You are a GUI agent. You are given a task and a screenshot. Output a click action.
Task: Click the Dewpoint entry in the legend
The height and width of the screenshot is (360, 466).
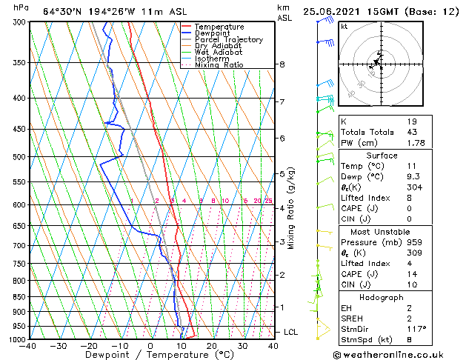[x=213, y=33]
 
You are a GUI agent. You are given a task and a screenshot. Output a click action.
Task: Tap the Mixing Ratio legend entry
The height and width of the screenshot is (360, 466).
[x=219, y=65]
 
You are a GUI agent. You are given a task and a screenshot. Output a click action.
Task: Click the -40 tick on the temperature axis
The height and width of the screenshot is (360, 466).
[x=29, y=346]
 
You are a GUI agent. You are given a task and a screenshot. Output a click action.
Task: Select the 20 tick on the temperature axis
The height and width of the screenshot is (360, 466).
[x=212, y=346]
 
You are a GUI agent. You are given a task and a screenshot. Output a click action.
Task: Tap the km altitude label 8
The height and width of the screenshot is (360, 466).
[x=282, y=64]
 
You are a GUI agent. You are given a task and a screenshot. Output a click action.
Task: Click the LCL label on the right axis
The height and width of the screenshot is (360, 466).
[x=290, y=332]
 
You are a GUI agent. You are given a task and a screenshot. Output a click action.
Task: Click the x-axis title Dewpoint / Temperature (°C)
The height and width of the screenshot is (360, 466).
[x=150, y=355]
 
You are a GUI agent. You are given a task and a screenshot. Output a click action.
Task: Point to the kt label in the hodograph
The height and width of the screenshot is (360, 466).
[x=344, y=27]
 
